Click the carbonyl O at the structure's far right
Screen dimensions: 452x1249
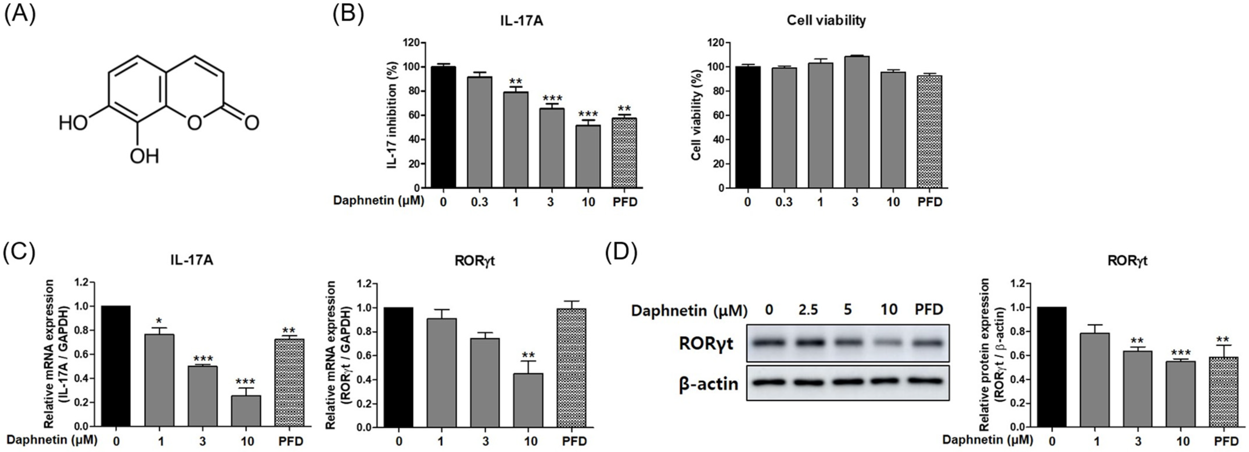[x=251, y=122]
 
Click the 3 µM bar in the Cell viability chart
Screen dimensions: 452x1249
[x=856, y=122]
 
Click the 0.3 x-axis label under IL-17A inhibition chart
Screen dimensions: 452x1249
[x=479, y=202]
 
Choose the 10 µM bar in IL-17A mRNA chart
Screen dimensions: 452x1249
[x=246, y=411]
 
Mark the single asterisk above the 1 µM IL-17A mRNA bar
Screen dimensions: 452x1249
[x=159, y=321]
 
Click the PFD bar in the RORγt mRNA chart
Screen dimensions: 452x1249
[x=574, y=368]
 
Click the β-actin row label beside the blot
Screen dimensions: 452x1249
[x=708, y=384]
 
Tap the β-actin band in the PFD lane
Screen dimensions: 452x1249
[x=928, y=381]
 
